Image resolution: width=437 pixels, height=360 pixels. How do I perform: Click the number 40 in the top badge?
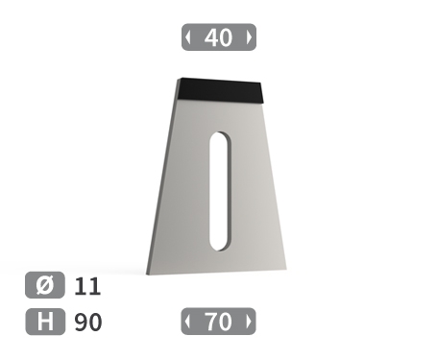coord(219,37)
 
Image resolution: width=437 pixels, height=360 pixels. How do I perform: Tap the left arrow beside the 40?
coord(188,37)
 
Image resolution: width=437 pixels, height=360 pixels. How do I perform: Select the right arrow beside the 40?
coord(250,37)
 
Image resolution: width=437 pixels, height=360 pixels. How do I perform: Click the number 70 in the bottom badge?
coord(219,322)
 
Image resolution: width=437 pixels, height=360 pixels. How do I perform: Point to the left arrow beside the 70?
coord(188,322)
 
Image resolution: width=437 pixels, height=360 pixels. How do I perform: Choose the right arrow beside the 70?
coord(250,322)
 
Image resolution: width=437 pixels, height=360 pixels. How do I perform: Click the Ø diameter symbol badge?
coord(44,286)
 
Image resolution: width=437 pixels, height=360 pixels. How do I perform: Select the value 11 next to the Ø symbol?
coord(86,286)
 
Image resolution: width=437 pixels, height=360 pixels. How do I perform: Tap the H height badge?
coord(44,322)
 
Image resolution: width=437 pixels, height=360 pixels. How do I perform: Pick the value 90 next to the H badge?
coord(87,322)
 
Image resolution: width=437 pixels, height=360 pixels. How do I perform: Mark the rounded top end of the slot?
coord(221,135)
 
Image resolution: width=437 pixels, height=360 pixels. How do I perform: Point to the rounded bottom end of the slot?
coord(221,245)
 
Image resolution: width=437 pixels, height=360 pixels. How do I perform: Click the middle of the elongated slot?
coord(221,190)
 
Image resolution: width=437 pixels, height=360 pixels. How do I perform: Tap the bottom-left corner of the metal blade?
coord(149,273)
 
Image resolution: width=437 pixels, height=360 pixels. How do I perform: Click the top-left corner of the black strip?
coord(180,79)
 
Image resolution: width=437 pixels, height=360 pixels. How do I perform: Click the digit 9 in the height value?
coord(81,322)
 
